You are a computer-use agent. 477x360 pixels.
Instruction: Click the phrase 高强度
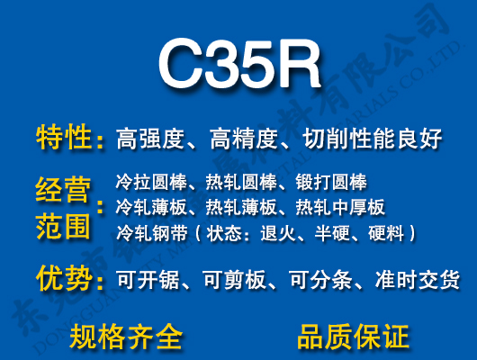151,139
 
